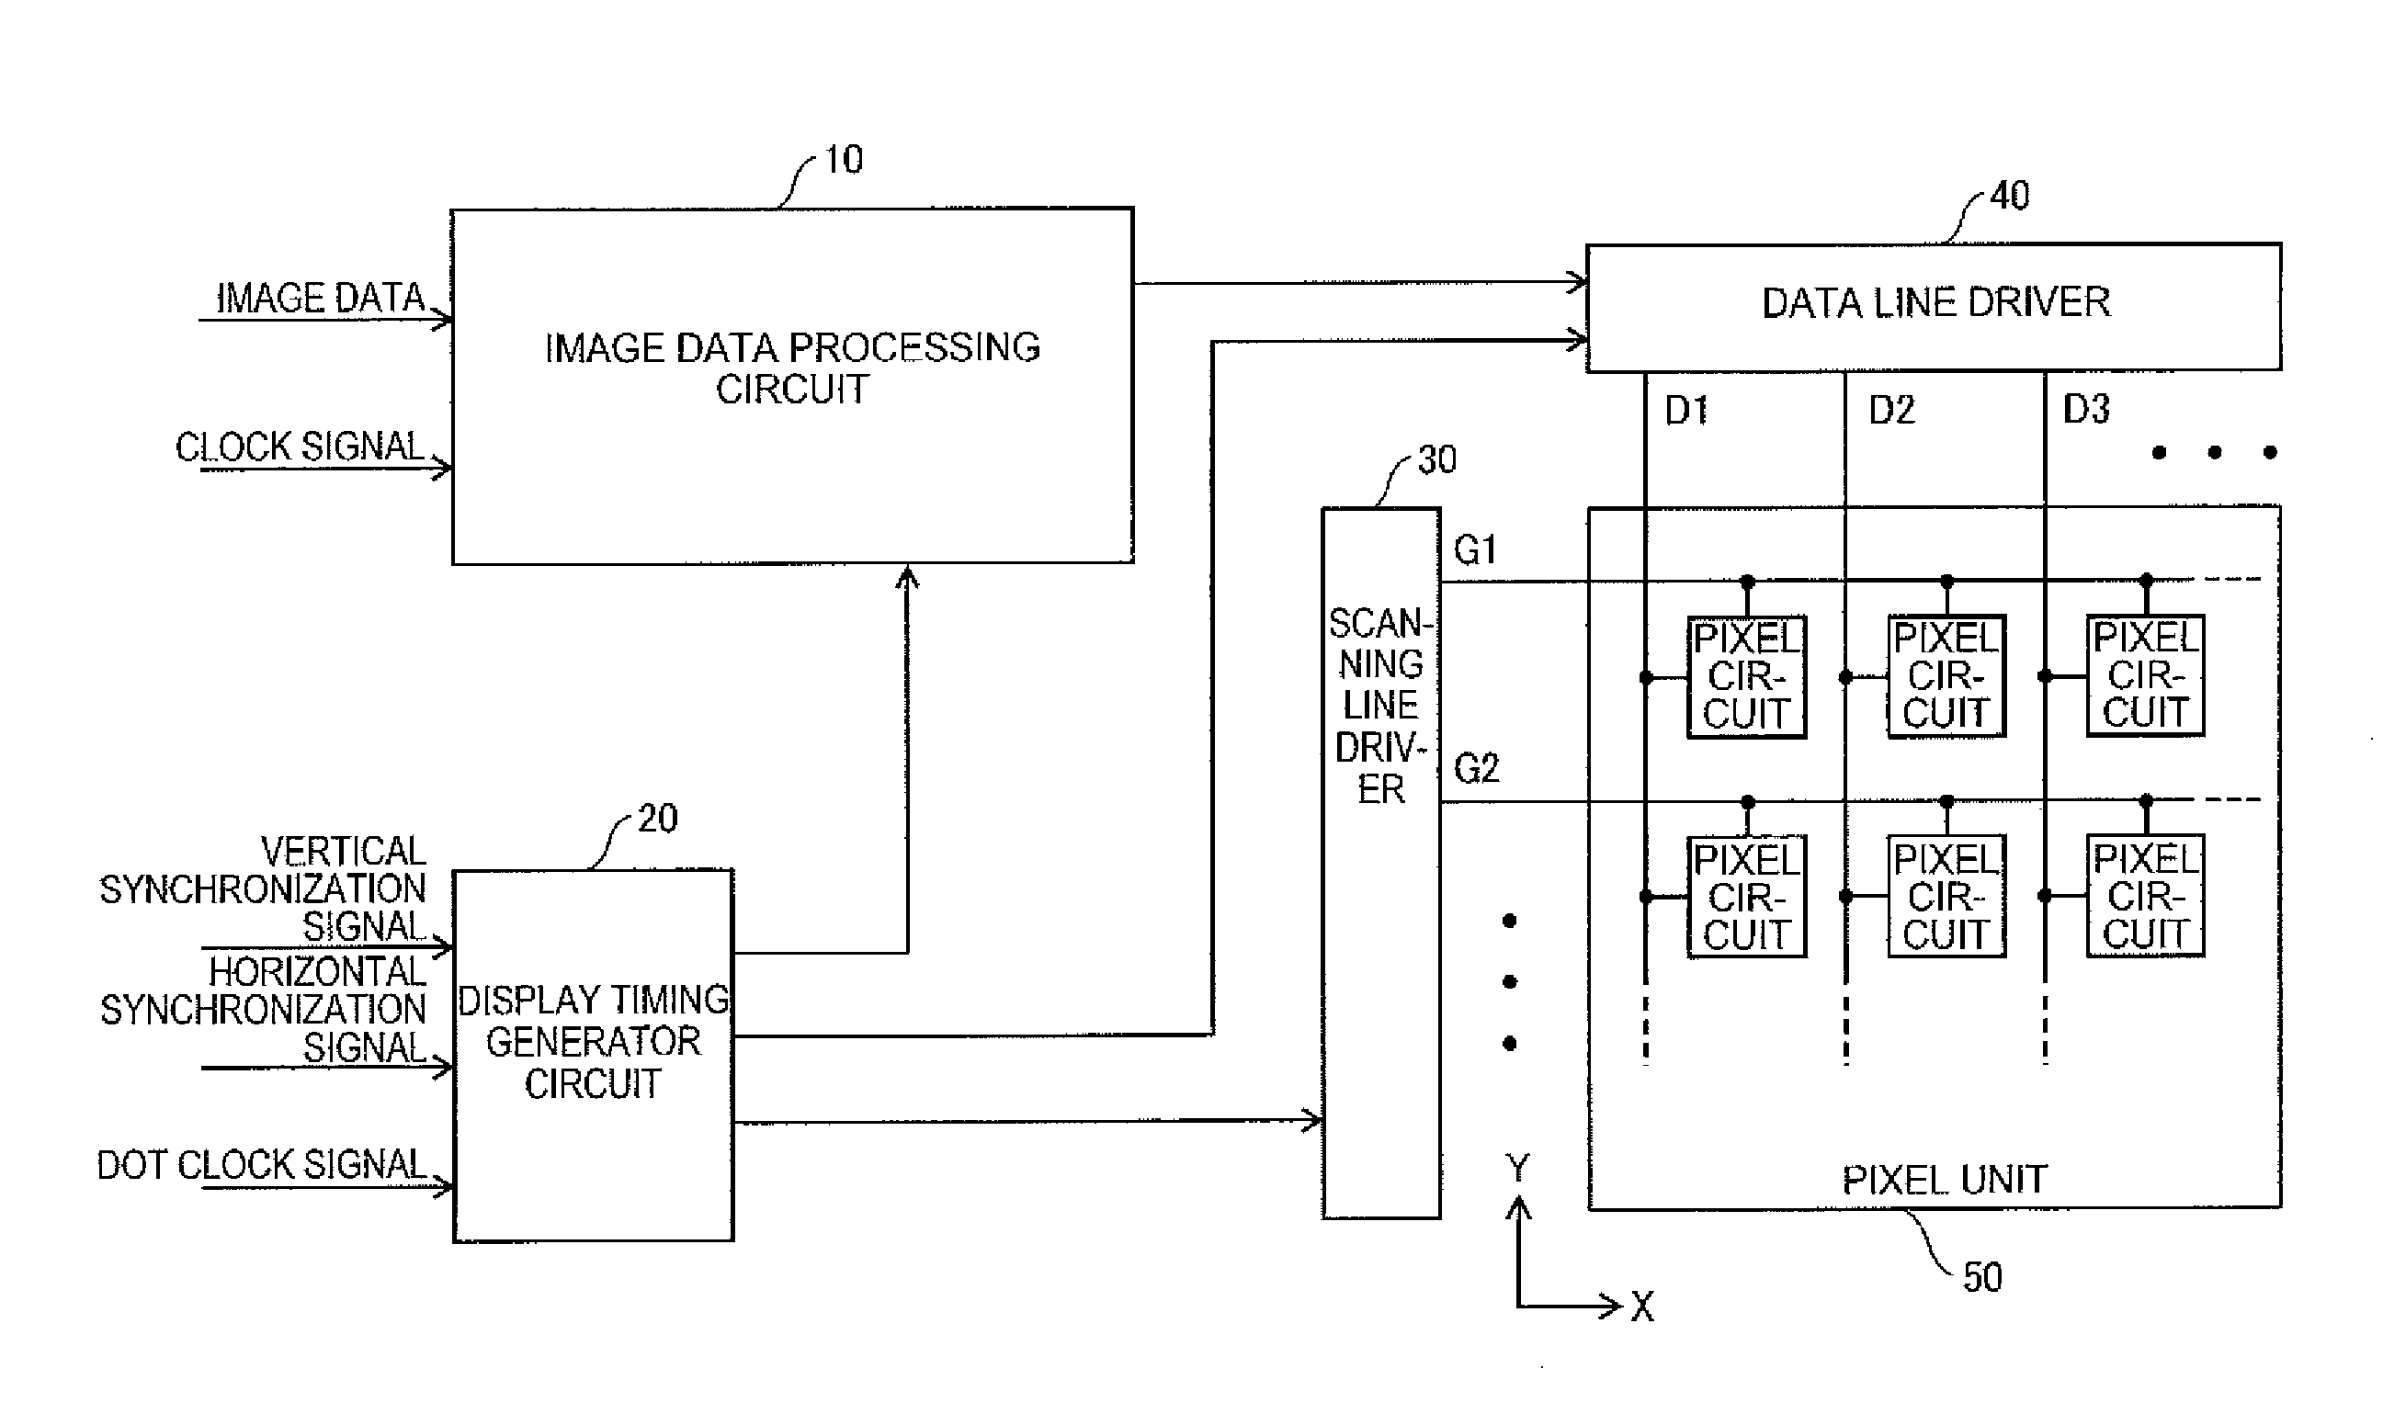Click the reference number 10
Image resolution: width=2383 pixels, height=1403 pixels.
[844, 160]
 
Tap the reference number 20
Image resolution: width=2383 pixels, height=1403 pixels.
[658, 819]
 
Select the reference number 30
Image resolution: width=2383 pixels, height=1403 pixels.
[1437, 460]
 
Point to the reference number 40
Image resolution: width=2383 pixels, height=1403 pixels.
[2010, 196]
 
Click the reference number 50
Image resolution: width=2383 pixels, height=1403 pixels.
[1982, 1277]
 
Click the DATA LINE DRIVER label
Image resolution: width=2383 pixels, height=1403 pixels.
[1935, 302]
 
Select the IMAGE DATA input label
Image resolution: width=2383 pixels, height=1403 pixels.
[321, 298]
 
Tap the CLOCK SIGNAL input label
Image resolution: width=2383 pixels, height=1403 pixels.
[300, 447]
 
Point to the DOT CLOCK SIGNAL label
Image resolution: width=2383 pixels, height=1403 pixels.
[262, 1165]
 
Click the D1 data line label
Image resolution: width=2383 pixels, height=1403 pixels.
[1686, 411]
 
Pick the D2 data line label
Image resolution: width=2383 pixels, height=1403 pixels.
[1891, 411]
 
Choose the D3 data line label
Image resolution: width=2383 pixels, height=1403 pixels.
[2086, 410]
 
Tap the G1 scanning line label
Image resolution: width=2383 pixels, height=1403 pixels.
[1475, 550]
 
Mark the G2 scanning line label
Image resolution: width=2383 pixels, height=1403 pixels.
[1476, 769]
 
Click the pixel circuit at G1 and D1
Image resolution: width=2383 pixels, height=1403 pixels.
[1747, 677]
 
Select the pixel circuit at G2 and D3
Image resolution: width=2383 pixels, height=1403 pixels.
[2146, 895]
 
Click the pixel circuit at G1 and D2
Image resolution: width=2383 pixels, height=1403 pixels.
[1946, 676]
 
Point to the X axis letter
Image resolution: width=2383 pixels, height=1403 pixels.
[1642, 1307]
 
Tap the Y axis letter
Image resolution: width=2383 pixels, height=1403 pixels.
[1516, 1170]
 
